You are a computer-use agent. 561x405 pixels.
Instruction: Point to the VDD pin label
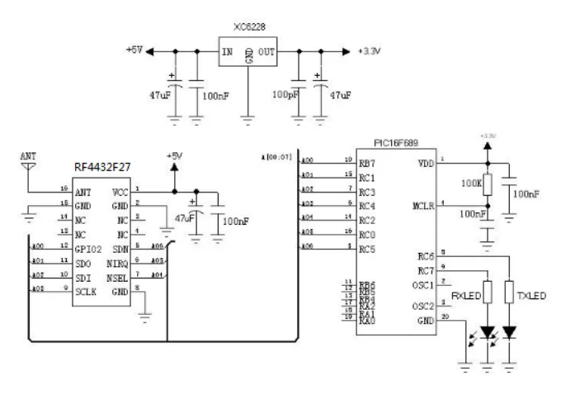[x=427, y=163]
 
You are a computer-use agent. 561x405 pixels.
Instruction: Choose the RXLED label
[x=467, y=295]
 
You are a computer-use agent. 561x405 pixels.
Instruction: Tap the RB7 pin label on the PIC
[x=367, y=163]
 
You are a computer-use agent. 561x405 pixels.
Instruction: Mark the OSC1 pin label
[x=423, y=285]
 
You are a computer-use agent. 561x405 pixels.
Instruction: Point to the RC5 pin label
[x=367, y=247]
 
